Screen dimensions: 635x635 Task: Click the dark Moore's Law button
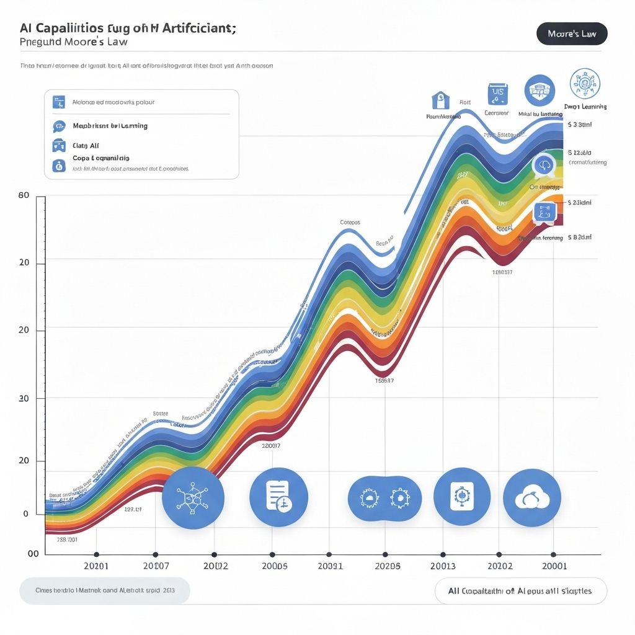coord(572,33)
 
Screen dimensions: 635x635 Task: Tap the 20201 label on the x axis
coord(95,566)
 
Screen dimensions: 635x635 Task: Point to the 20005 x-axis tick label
coord(275,566)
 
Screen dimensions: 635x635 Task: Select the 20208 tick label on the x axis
coord(388,566)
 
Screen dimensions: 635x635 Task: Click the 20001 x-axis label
coord(554,566)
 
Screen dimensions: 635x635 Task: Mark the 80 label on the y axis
coord(24,195)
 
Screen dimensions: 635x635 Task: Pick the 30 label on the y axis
coord(24,398)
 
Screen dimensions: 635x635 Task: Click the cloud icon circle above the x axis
coord(531,497)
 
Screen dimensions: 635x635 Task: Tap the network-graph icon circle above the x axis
coord(193,497)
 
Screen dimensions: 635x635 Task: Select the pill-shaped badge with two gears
coord(384,498)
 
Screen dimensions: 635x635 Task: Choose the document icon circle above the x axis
coord(278,497)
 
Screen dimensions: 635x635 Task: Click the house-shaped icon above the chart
coord(440,100)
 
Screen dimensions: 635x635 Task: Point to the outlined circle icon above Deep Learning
coord(585,84)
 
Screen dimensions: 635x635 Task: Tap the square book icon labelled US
coord(497,94)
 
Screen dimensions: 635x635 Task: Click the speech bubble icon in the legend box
coord(59,126)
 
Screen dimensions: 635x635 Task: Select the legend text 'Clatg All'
coord(86,146)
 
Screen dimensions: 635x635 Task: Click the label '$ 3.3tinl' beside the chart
coord(579,125)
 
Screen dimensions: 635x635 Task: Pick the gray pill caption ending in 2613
coord(105,590)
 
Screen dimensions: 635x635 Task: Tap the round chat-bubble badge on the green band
coord(544,165)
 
